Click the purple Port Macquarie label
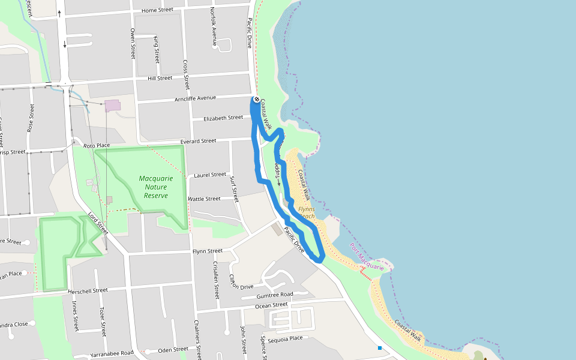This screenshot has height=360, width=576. point(367,257)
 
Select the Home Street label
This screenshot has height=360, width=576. point(157,11)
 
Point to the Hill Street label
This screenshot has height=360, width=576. point(160,78)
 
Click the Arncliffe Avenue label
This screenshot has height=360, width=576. point(195,98)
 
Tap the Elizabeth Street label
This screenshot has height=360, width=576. point(223,118)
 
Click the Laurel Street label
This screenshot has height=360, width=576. point(209,175)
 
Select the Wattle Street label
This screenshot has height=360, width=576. point(204,199)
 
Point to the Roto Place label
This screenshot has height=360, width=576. point(97,145)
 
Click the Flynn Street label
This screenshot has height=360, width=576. point(208,251)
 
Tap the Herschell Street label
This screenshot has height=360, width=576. point(88,290)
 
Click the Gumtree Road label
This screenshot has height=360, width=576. point(274,295)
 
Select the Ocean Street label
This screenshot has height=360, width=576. point(271,305)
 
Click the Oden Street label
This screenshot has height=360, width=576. point(173,350)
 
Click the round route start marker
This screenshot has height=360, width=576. point(256,100)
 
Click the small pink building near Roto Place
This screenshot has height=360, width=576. point(112,106)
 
